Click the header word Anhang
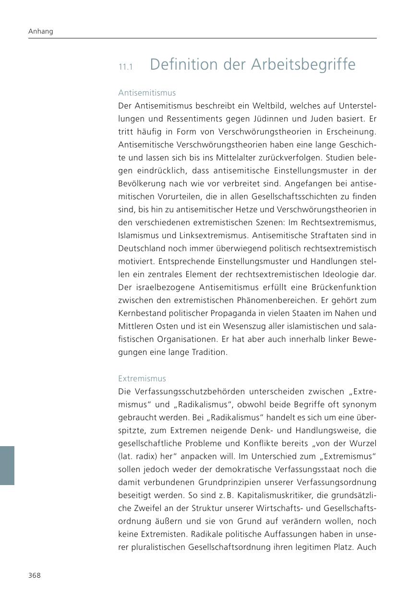point(41,32)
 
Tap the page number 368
point(35,575)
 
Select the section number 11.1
point(126,67)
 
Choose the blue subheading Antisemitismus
point(147,93)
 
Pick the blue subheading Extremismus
point(142,378)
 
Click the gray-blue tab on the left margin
point(7,465)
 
